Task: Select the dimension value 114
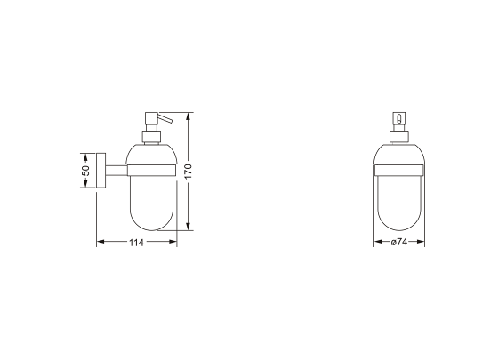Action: pyautogui.click(x=136, y=242)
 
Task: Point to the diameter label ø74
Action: pyautogui.click(x=398, y=242)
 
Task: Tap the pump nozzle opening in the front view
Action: pyautogui.click(x=398, y=118)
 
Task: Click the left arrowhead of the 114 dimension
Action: pyautogui.click(x=100, y=242)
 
